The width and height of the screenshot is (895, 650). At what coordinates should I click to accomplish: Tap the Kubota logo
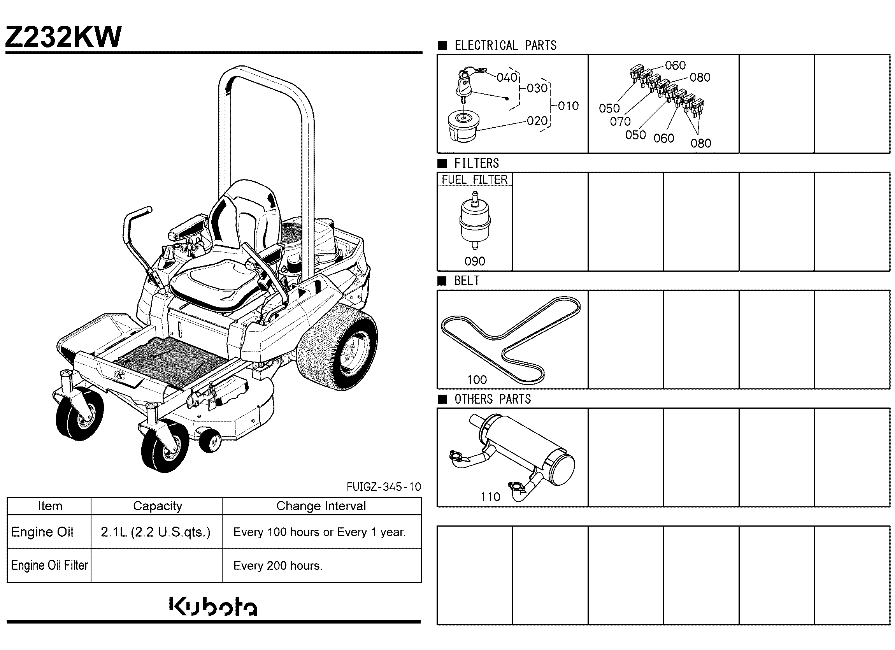(213, 606)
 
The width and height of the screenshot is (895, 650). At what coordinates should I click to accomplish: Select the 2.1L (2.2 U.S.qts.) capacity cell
(156, 532)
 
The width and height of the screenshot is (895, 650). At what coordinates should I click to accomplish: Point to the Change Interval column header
(321, 506)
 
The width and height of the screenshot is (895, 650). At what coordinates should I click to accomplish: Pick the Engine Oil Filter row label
(49, 566)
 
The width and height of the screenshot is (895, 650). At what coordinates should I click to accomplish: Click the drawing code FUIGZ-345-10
(384, 487)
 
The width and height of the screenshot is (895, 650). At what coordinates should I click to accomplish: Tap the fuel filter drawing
(475, 220)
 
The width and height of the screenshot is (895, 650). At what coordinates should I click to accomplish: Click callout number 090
(475, 261)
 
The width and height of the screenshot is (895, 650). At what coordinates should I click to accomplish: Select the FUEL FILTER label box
(475, 179)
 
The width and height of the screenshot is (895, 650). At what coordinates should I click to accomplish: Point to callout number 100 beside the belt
(477, 379)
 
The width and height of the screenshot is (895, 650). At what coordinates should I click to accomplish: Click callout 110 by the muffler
(490, 497)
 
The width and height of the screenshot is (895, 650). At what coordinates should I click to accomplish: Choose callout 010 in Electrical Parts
(568, 106)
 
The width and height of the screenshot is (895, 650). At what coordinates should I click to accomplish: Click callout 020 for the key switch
(537, 121)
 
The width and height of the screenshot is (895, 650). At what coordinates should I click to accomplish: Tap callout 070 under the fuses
(620, 121)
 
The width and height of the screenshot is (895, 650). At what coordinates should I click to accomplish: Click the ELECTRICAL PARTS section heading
(505, 46)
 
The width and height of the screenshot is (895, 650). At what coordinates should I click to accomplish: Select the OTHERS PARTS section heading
(493, 399)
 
